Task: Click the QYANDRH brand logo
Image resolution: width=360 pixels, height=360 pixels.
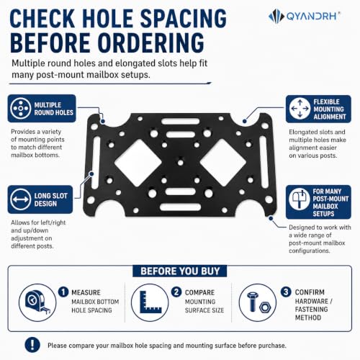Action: [304, 17]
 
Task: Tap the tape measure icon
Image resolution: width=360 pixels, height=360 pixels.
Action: [37, 302]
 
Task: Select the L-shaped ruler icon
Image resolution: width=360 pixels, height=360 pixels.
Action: [150, 302]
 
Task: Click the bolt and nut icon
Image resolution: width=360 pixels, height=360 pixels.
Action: [258, 302]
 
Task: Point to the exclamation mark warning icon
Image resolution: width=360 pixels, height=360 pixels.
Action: [32, 345]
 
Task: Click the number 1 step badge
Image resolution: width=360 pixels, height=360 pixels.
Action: [63, 292]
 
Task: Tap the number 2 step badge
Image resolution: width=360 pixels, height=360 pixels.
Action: [176, 292]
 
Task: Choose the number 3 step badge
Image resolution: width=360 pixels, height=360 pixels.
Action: [286, 292]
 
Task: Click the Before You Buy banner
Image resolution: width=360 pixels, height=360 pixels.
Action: [180, 271]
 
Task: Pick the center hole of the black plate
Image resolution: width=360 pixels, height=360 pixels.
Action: [180, 163]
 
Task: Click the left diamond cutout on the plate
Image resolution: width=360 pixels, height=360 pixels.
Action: [138, 163]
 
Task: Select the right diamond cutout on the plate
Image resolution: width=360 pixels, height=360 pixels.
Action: [223, 163]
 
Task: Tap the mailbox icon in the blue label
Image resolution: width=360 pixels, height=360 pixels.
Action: [300, 199]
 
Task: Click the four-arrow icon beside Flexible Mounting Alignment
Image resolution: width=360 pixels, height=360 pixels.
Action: [300, 109]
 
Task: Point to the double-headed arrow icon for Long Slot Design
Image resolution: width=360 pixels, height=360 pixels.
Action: [20, 199]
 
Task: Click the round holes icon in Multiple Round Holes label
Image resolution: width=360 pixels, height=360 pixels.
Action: [21, 108]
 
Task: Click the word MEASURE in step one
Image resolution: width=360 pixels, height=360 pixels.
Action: [86, 292]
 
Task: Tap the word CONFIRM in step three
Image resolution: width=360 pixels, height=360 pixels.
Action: [310, 292]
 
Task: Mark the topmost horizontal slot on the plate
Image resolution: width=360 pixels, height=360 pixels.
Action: [181, 121]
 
